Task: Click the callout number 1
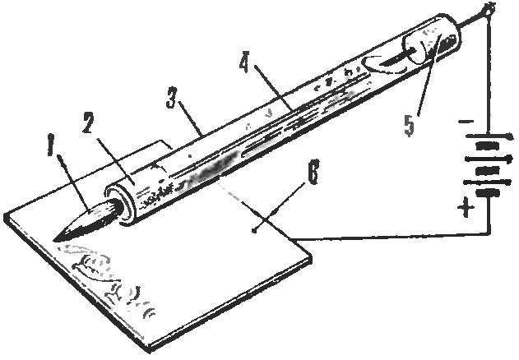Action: point(51,145)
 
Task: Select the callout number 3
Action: point(171,97)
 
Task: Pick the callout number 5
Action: point(410,126)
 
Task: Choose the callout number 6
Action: point(313,173)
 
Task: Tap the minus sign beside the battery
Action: point(466,122)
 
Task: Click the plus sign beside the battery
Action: point(466,207)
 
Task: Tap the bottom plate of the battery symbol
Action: point(489,193)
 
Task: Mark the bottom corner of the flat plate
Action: point(147,352)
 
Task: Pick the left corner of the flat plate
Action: point(6,215)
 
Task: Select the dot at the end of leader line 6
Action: point(254,231)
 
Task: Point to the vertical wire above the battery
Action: point(489,72)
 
